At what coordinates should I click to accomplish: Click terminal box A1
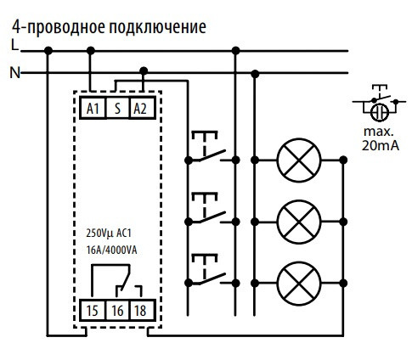(x=93, y=108)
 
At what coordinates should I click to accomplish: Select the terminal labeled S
(x=117, y=108)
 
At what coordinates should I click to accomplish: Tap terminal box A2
(x=142, y=108)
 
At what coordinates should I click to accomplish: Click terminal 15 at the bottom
(x=93, y=311)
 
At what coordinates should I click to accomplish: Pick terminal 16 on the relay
(x=117, y=311)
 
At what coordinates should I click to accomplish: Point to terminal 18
(x=142, y=311)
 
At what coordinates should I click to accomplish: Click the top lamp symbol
(x=299, y=158)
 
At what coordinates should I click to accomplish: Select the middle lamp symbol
(x=299, y=220)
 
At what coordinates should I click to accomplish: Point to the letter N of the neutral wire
(x=14, y=73)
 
